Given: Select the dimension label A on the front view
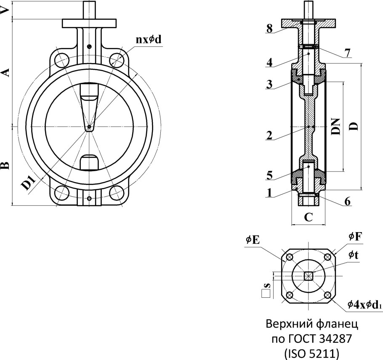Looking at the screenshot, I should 5,72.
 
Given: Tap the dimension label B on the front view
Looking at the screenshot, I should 5,165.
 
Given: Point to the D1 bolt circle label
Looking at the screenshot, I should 29,184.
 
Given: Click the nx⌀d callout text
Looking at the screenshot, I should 148,40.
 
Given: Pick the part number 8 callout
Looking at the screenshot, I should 270,28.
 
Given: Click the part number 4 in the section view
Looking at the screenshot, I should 270,63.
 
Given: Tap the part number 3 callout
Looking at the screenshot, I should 270,84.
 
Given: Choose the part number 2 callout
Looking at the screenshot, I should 270,135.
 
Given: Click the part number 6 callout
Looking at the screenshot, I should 347,201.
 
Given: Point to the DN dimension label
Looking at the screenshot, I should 335,126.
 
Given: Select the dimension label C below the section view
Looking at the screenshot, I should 309,217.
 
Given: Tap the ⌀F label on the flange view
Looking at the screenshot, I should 355,237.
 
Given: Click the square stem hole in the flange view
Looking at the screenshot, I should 309,276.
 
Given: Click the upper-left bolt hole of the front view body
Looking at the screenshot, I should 62,59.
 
